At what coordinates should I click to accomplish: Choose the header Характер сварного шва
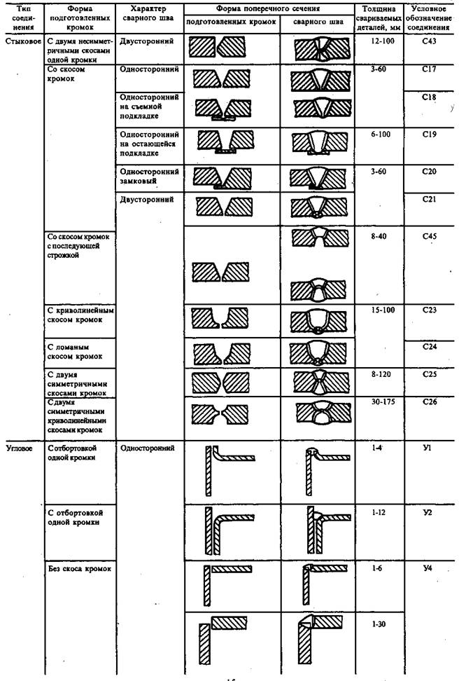(x=143, y=14)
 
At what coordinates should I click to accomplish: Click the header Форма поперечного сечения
(x=269, y=9)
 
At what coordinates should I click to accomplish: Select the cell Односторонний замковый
(x=150, y=175)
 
